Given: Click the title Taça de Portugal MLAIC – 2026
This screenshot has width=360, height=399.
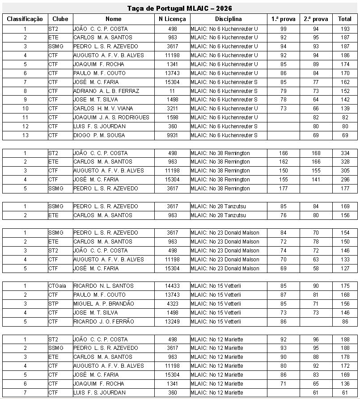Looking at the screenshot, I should click(180, 8).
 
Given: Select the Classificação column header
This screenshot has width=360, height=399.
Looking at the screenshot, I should click(25, 19).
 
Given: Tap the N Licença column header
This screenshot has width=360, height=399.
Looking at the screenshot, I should click(173, 19).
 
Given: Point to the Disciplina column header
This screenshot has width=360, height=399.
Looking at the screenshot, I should click(228, 19).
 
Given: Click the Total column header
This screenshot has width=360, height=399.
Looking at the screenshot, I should click(345, 19).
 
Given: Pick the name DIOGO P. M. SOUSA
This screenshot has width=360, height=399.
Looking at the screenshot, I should click(99, 135).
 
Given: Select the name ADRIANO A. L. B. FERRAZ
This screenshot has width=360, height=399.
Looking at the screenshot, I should click(106, 91).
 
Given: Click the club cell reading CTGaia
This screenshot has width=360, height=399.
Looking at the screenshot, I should click(57, 286).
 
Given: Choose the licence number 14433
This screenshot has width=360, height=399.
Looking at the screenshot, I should click(173, 286).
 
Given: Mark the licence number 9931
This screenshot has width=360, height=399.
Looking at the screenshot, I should click(173, 135).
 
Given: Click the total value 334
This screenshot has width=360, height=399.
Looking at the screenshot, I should click(345, 153).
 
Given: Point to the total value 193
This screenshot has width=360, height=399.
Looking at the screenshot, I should click(345, 29).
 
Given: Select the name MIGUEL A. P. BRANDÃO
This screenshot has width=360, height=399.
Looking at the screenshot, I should click(104, 304).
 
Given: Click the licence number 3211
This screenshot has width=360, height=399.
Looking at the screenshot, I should click(173, 109).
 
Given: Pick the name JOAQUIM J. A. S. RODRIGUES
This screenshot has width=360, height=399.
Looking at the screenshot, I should click(111, 118).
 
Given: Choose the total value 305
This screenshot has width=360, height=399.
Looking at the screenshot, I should click(345, 171).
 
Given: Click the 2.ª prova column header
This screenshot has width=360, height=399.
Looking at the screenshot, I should click(316, 19).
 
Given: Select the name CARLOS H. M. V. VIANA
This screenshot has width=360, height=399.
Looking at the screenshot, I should click(103, 109).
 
